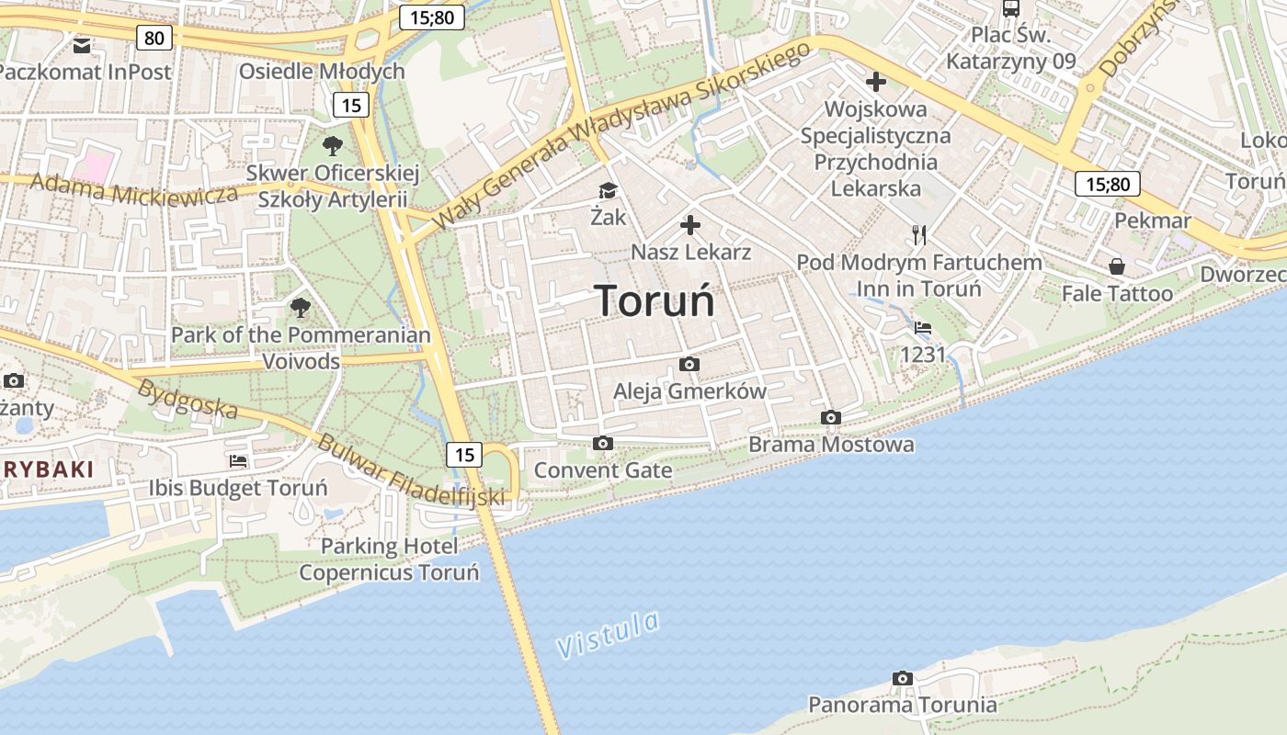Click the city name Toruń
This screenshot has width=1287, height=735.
655,300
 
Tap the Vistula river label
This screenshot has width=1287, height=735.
609,634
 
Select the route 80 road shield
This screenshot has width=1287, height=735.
154,38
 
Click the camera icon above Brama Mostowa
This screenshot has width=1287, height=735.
831,418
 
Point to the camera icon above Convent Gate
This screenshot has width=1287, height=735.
603,444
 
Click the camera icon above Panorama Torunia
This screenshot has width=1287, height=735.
903,678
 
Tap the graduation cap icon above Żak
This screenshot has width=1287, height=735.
608,190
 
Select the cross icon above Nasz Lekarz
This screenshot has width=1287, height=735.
690,225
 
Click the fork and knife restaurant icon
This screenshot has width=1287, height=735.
919,235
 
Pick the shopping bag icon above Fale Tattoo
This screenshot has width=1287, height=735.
1117,266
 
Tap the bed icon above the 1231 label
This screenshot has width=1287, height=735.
923,328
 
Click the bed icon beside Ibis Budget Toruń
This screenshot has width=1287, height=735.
239,461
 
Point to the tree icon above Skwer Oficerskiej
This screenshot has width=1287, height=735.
333,145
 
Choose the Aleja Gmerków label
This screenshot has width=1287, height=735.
689,390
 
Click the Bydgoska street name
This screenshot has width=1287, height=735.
188,399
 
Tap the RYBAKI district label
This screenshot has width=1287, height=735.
47,469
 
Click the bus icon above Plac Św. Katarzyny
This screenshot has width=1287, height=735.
1011,9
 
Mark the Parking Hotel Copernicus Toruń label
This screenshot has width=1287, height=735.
389,560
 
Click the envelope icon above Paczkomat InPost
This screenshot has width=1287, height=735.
83,44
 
